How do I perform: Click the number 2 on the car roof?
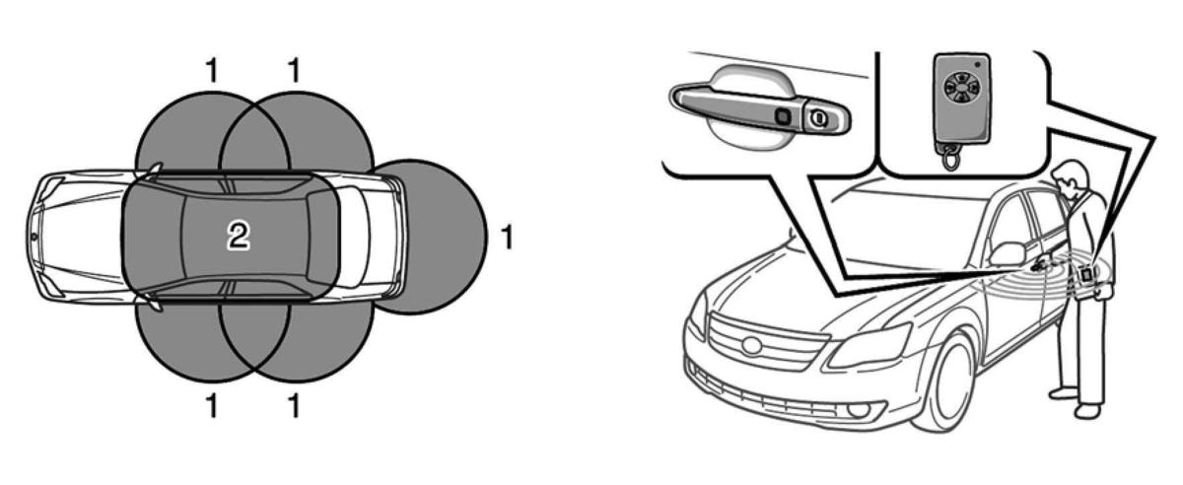tap(239, 236)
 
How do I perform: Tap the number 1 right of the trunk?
tap(507, 237)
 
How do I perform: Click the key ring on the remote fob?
tap(950, 158)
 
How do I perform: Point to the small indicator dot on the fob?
tap(978, 65)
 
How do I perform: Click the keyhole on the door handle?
tap(818, 116)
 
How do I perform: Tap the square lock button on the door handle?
tap(782, 115)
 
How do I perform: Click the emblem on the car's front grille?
tap(751, 346)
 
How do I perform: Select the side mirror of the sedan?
tap(1008, 253)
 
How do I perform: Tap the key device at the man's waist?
tap(1086, 274)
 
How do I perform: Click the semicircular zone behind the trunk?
tap(443, 237)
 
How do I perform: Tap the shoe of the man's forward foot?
tap(1087, 410)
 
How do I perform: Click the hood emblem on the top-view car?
tap(34, 238)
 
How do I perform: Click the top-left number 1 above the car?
tap(211, 70)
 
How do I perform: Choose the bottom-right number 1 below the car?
tap(294, 406)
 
